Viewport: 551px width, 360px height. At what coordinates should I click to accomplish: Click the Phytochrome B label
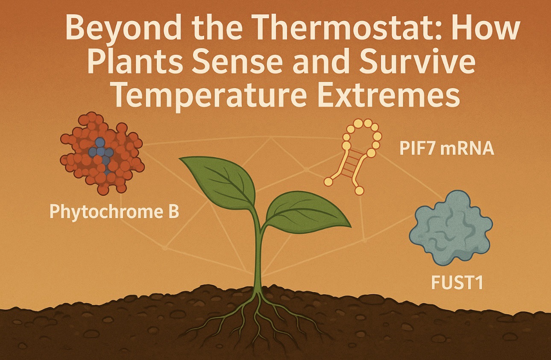(114, 212)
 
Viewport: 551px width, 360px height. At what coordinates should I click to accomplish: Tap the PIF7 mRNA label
(447, 149)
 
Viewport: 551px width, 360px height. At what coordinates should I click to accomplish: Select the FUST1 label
(457, 283)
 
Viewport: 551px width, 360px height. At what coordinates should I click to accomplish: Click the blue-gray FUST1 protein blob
(451, 228)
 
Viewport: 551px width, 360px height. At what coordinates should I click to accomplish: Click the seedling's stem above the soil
(258, 249)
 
